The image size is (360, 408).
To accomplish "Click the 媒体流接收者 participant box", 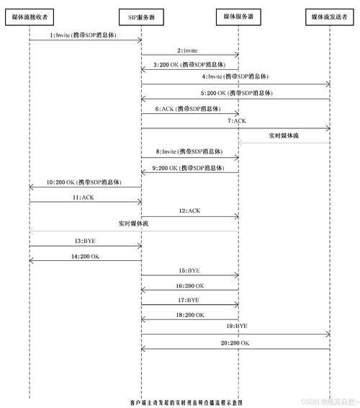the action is (x=30, y=17).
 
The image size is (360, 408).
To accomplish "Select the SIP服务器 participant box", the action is (x=141, y=17).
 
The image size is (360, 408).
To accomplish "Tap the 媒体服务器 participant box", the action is (x=238, y=17).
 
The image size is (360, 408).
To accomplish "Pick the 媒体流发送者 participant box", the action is (x=330, y=17).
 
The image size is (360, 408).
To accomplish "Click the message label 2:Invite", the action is (x=187, y=50).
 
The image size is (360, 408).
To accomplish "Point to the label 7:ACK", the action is (x=237, y=121).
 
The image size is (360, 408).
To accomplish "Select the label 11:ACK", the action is (x=84, y=198).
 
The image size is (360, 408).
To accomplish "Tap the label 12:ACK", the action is (x=190, y=210).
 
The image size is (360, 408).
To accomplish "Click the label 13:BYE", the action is (x=85, y=241).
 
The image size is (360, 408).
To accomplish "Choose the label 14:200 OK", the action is (x=85, y=257).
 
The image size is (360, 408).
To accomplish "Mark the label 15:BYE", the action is (x=189, y=270).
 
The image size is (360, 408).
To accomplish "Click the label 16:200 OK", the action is (x=190, y=286).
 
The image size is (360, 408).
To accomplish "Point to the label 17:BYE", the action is (x=189, y=301).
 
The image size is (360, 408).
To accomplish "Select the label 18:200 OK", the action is (x=190, y=315).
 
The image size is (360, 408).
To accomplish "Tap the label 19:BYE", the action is (x=237, y=326).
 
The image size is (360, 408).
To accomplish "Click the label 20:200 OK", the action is (x=235, y=343).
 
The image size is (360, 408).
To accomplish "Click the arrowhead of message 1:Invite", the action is (x=140, y=40).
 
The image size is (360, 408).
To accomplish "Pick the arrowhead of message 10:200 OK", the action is (x=31, y=187).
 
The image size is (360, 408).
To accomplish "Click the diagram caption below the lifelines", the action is (x=186, y=402).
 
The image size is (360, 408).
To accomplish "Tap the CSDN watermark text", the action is (x=330, y=402).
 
